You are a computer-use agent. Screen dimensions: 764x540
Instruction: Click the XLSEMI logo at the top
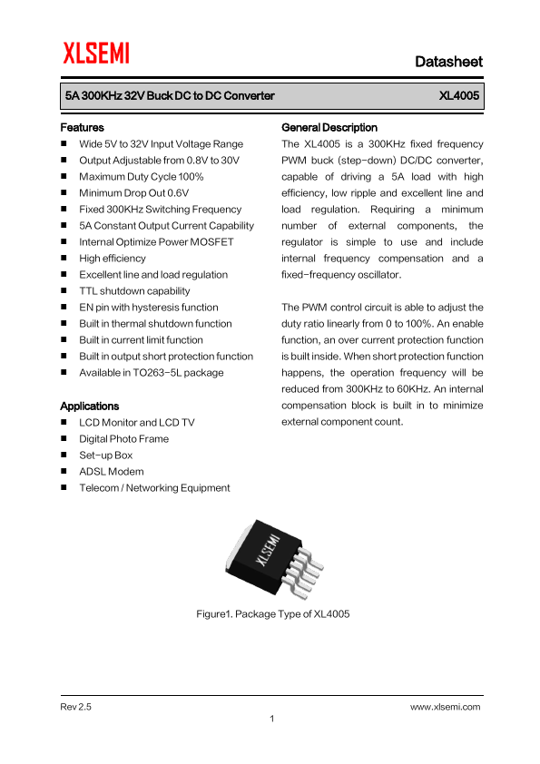(95, 54)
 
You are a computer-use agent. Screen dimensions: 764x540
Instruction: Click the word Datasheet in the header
(448, 62)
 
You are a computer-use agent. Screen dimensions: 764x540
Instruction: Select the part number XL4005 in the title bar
(459, 95)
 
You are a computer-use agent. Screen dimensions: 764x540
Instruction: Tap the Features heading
(82, 128)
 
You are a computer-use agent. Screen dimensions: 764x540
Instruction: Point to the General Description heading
(329, 128)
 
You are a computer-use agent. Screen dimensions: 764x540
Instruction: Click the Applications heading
(89, 406)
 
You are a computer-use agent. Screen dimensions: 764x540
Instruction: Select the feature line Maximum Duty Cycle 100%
(141, 177)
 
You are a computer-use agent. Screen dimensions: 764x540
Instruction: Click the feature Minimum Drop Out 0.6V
(133, 193)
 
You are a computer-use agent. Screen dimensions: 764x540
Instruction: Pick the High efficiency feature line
(112, 259)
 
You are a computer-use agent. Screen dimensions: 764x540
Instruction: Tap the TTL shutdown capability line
(134, 291)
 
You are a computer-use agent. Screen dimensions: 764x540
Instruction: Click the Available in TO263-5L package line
(151, 373)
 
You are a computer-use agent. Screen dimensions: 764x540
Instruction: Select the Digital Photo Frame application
(123, 439)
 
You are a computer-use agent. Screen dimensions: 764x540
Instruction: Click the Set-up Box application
(105, 455)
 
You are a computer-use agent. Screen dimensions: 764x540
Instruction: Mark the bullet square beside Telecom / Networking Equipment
(64, 488)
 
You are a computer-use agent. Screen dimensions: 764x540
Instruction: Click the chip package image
(271, 558)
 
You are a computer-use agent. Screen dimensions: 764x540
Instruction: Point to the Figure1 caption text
(273, 614)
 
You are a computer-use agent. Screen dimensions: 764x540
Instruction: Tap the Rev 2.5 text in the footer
(76, 706)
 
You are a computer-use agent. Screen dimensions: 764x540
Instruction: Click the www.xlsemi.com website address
(445, 706)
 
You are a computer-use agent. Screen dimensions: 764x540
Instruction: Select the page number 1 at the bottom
(271, 720)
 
